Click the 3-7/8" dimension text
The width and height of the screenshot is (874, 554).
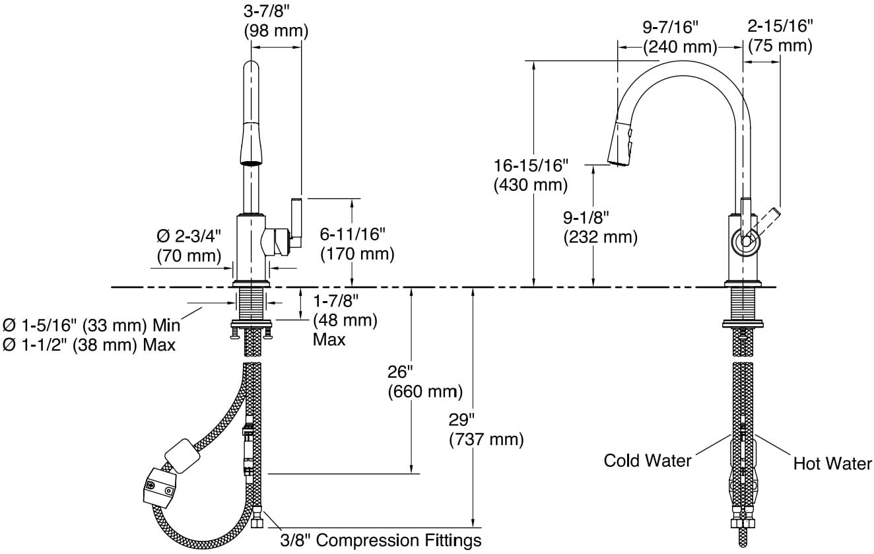(x=275, y=11)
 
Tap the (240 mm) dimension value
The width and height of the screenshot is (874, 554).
(x=680, y=47)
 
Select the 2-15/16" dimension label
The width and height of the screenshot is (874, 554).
(x=780, y=26)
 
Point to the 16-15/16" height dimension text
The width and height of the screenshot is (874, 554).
(x=531, y=165)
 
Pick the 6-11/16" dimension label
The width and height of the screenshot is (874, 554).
(x=356, y=233)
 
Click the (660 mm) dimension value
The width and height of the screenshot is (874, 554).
(x=424, y=392)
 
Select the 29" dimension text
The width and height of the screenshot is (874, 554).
(x=462, y=419)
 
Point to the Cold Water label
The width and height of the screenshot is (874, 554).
(x=648, y=460)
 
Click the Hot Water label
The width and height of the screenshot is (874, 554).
(x=832, y=464)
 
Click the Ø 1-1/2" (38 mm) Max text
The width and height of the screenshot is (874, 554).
(x=89, y=344)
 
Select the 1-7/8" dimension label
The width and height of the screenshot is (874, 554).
(x=335, y=301)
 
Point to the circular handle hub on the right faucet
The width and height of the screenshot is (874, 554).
(x=746, y=242)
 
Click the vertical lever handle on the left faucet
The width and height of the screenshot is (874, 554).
(x=295, y=223)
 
